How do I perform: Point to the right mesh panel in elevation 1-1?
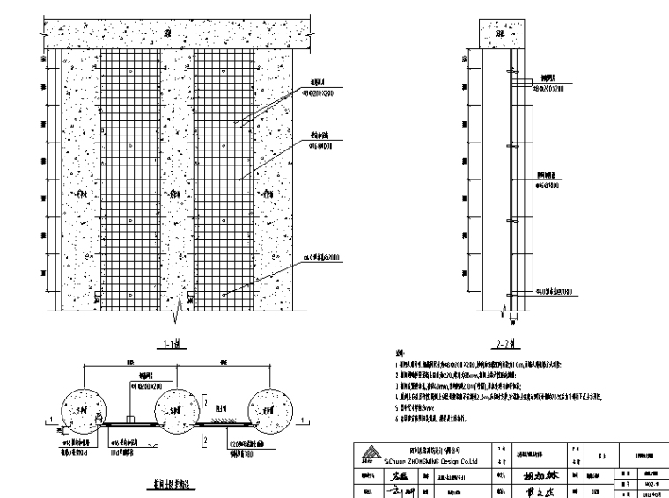point(224,176)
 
